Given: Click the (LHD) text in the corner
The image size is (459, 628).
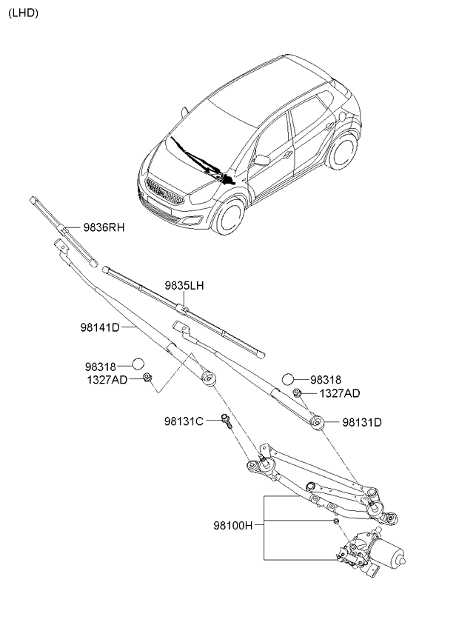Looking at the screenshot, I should click(23, 13).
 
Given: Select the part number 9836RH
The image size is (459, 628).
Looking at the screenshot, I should click(104, 228).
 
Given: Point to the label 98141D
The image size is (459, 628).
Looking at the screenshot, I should click(100, 327).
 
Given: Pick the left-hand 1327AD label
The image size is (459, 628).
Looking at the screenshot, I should click(106, 378).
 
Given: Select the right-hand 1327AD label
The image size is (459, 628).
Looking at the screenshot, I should click(341, 393).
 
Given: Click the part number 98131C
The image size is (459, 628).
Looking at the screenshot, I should click(184, 421).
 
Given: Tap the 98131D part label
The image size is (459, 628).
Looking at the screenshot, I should click(362, 423).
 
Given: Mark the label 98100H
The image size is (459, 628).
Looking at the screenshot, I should click(234, 525).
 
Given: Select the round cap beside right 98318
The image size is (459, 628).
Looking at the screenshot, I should click(289, 380).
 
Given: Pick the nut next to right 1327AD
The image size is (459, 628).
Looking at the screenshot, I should click(297, 392).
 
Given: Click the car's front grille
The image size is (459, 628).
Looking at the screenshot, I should click(163, 192).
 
